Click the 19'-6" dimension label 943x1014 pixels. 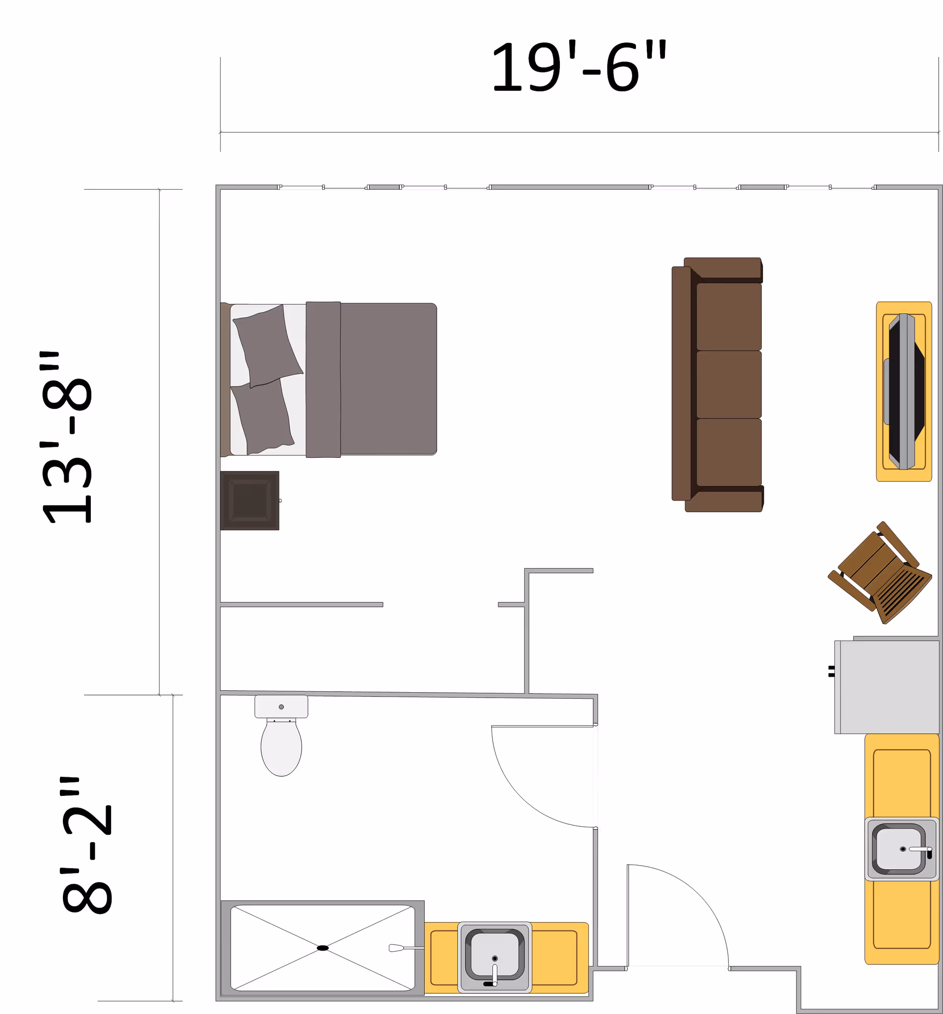[579, 66]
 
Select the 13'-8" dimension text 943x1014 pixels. [66, 437]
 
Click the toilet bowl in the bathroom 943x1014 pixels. [281, 747]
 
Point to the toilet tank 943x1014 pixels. [281, 706]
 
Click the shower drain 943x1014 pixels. [323, 948]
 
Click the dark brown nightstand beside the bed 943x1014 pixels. [250, 501]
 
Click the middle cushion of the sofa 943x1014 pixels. [729, 385]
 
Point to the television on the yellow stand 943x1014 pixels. [906, 391]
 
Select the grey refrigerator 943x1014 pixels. [887, 687]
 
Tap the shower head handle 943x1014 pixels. [406, 948]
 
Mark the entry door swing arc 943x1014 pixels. [699, 894]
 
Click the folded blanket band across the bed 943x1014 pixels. [323, 379]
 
